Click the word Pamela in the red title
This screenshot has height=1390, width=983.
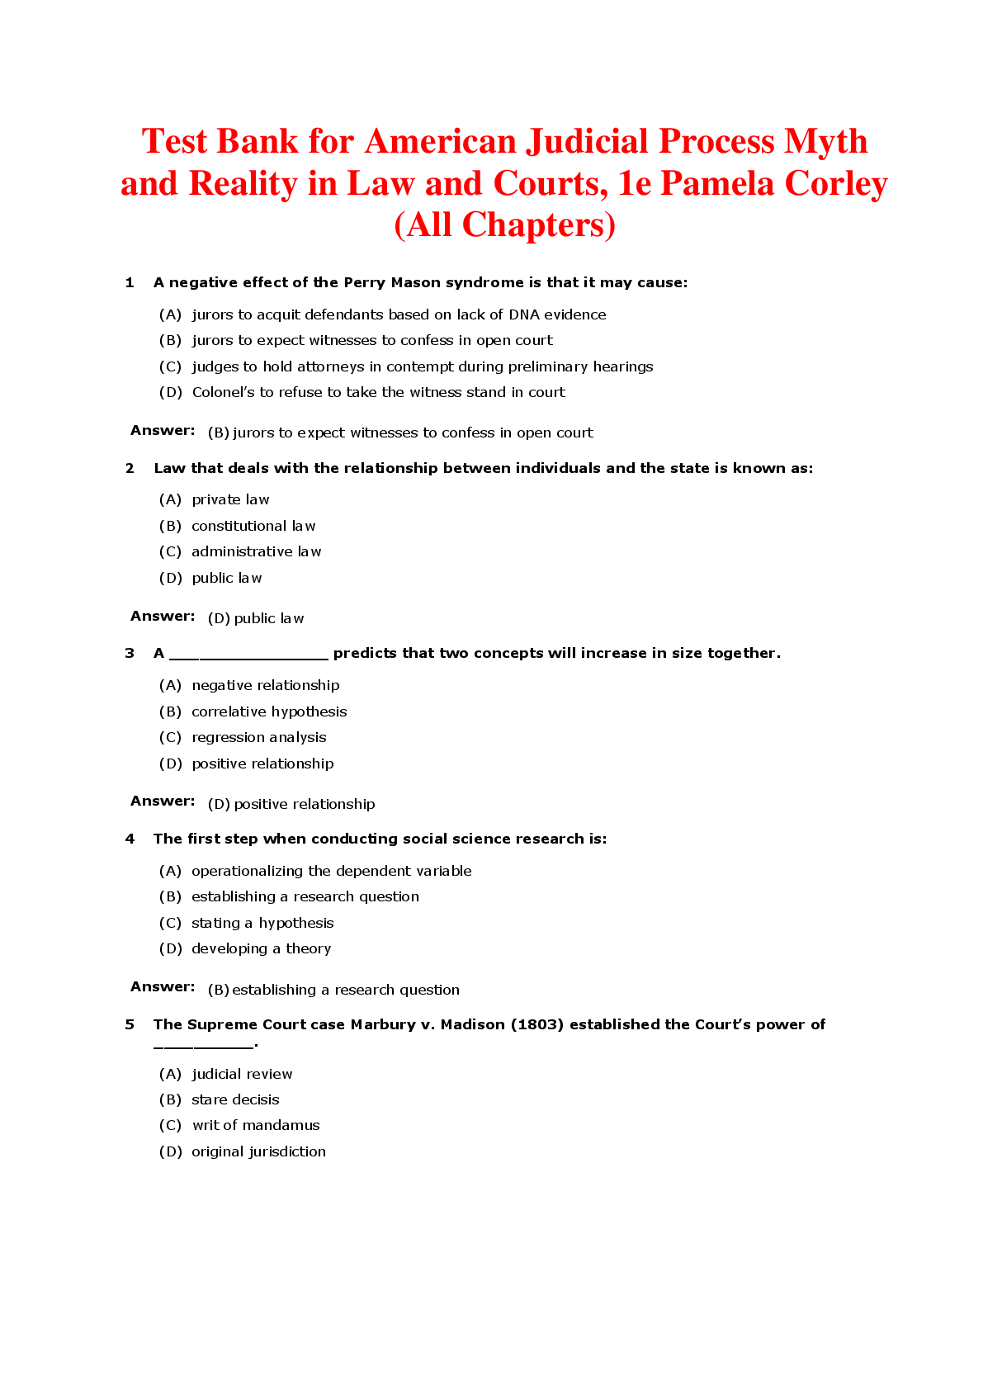(718, 183)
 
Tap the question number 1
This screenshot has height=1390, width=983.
(130, 283)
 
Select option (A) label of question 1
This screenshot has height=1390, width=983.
(170, 314)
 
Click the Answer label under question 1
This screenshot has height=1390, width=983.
(163, 430)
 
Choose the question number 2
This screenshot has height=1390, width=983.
(130, 469)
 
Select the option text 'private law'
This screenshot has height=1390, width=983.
(230, 499)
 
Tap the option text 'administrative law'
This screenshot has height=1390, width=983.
(256, 551)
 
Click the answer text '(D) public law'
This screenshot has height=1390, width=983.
(256, 618)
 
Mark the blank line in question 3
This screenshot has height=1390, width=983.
(248, 656)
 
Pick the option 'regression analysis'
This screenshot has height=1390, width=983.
(258, 737)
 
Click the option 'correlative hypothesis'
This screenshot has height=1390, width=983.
(269, 712)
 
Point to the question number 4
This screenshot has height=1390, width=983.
(130, 839)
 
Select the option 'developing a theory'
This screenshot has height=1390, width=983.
(261, 948)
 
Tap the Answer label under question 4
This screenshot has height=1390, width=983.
(163, 986)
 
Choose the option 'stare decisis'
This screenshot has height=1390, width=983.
(235, 1099)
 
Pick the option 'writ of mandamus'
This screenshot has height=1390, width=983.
(256, 1125)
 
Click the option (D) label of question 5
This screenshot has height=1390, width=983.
(170, 1151)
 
